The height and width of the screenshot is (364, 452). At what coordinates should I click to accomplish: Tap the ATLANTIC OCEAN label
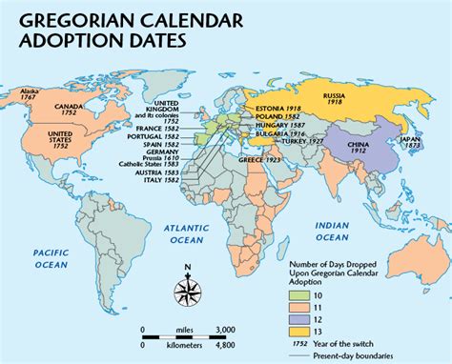(186, 233)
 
